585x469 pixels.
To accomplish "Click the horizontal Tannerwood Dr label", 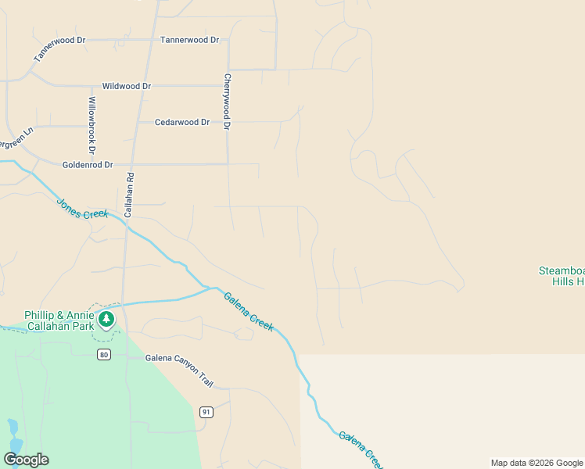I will (189, 40).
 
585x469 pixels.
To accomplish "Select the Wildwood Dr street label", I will (126, 86).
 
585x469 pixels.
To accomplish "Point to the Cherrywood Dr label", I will (227, 102).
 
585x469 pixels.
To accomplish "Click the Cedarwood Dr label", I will (182, 123).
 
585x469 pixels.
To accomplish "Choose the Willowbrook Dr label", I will (92, 125).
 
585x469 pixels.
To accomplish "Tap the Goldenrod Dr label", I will (88, 165).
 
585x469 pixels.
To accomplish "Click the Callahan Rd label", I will (130, 195).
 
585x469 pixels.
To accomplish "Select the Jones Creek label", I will (82, 209).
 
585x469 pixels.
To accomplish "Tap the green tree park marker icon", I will (106, 319).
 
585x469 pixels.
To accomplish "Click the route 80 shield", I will (103, 355).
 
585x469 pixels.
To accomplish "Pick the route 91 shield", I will (206, 412).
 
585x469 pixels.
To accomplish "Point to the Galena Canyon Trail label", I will (179, 359).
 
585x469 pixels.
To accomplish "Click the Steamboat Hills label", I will (561, 276).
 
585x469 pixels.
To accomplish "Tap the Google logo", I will (26, 460).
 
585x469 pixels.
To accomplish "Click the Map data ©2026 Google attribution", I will (537, 463).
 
